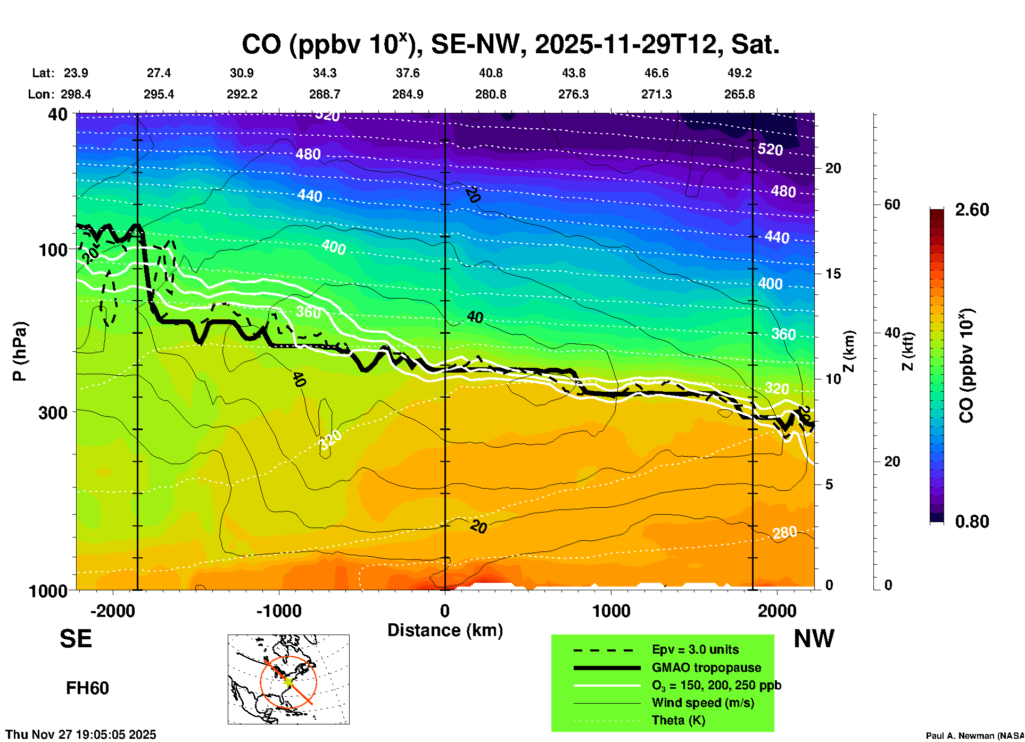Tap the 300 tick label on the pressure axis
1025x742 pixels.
coord(53,413)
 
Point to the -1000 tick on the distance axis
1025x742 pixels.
coord(278,611)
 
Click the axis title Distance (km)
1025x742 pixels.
coord(445,630)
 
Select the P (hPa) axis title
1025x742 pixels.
coord(20,351)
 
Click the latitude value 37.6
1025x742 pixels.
coord(407,73)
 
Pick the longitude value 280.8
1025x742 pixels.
coord(490,94)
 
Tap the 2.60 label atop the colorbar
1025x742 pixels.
coord(972,210)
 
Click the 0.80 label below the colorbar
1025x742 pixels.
coord(972,522)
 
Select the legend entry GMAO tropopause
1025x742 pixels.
coord(706,667)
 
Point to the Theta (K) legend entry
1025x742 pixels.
coord(678,720)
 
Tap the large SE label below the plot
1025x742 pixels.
coord(76,639)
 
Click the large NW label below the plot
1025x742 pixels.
coord(814,639)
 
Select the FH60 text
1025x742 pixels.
coord(87,688)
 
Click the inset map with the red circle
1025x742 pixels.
coord(288,679)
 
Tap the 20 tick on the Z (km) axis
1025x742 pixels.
coord(833,168)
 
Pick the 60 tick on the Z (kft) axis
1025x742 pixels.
coord(892,204)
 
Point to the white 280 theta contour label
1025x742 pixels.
coord(784,532)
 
